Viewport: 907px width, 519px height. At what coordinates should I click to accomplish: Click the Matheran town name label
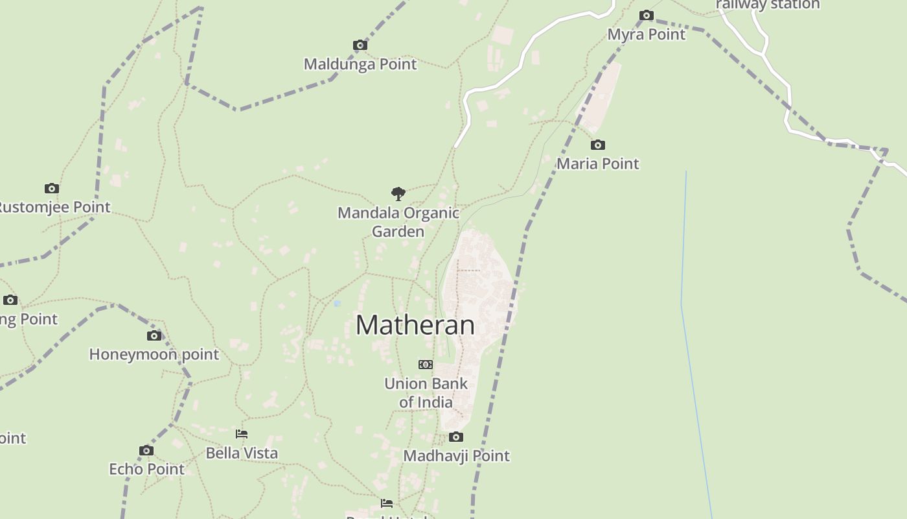pos(415,325)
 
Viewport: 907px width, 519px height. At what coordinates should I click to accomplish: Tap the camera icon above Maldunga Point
pos(360,45)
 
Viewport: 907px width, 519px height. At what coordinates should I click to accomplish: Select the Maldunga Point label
pos(360,64)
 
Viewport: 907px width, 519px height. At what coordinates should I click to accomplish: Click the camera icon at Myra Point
pos(646,16)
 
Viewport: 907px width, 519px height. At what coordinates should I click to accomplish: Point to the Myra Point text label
pos(646,34)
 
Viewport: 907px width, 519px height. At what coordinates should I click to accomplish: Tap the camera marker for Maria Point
pos(597,145)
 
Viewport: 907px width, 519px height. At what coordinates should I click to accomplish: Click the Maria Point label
pos(597,163)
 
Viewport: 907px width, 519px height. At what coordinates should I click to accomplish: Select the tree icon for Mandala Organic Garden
pos(398,193)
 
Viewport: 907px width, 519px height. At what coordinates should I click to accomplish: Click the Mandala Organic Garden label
pos(398,222)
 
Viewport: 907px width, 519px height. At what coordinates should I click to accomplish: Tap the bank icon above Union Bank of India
pos(426,365)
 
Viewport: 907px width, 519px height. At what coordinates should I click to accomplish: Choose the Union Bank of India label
pos(426,392)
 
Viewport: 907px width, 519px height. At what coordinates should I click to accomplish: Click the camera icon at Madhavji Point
pos(456,437)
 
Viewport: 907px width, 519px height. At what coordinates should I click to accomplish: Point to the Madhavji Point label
pos(456,456)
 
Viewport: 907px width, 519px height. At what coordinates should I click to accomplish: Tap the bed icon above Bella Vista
pos(242,434)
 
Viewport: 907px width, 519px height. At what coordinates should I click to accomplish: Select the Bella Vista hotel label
pos(242,453)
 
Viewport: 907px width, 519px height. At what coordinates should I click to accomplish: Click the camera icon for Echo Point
pos(146,451)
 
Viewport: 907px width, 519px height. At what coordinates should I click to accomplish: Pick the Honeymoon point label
pos(154,354)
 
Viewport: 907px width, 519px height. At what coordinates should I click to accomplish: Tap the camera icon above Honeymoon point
pos(154,336)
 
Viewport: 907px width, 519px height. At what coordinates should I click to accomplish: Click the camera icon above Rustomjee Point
pos(52,189)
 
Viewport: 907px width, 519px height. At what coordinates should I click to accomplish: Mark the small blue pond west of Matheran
pos(337,304)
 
